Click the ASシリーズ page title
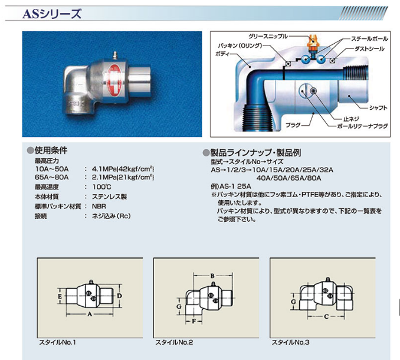coord(52,14)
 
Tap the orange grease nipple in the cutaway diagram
coord(313,42)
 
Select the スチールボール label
coord(370,39)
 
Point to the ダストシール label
coord(369,49)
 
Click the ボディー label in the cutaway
coord(222,54)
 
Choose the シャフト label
coord(378,108)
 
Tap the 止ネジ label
coord(351,119)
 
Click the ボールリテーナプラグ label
coord(362,126)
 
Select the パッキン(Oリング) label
coord(240,46)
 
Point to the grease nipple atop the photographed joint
coord(114,55)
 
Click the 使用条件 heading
coord(51,150)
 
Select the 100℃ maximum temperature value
coord(102,186)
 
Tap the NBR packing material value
coord(99,206)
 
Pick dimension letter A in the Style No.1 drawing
coord(90,314)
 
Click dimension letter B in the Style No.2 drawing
coord(212,276)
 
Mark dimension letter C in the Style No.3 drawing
coord(326,317)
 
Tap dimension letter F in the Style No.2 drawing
coord(194,321)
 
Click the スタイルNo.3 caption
coord(290,342)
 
